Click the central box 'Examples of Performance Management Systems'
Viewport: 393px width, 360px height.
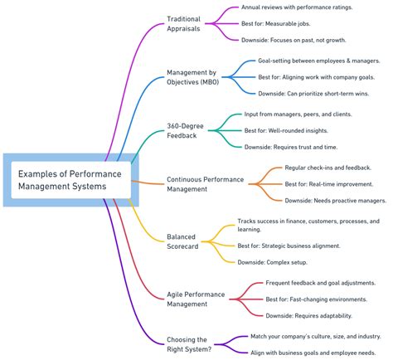pyautogui.click(x=69, y=179)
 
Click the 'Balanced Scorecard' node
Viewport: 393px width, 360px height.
pyautogui.click(x=185, y=241)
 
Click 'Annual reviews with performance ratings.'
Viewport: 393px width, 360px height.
pyautogui.click(x=297, y=7)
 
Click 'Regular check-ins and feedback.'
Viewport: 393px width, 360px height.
pyautogui.click(x=322, y=168)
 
